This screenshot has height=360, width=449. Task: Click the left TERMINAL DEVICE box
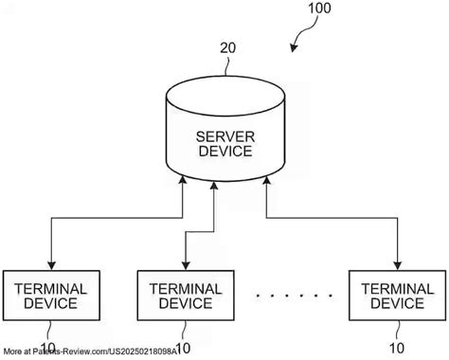51,295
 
